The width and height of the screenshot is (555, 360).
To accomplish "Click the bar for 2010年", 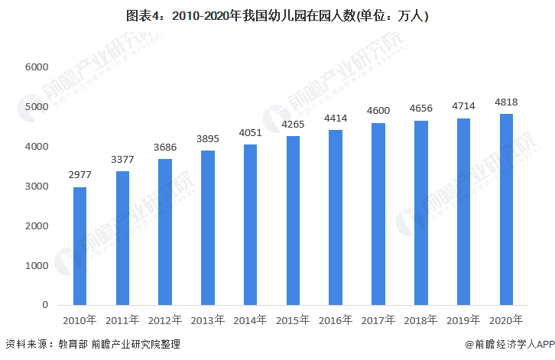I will click(80, 246).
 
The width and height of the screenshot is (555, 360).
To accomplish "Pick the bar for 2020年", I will click(506, 209).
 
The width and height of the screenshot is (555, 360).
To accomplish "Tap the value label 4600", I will click(378, 112).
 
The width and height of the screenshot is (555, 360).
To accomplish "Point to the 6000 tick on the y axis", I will click(37, 67).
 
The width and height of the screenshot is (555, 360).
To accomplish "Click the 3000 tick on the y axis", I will click(37, 186).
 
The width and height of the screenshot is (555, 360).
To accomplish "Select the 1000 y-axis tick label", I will click(37, 266).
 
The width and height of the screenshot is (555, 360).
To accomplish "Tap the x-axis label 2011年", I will click(122, 319).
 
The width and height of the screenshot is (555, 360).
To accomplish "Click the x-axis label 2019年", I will click(463, 319).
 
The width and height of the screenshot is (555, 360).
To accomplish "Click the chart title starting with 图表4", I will click(277, 15).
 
